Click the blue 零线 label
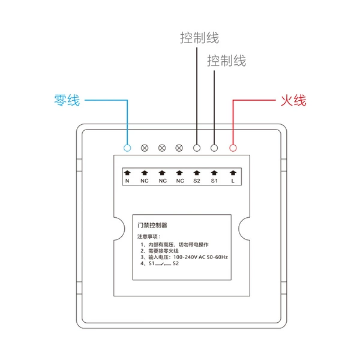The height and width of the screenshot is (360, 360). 67,100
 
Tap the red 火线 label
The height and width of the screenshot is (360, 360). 293,101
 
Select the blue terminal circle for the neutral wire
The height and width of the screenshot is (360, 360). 127,148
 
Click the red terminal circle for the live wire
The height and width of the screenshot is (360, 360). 233,148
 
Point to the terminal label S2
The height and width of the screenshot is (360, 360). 197,181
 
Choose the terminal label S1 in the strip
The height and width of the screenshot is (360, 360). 214,181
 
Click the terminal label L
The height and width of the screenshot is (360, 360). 233,181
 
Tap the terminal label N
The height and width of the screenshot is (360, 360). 127,181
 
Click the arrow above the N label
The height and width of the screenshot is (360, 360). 127,173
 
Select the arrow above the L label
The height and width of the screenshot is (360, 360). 233,173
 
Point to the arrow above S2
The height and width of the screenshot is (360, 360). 197,173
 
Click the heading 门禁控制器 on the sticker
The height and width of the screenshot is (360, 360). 152,225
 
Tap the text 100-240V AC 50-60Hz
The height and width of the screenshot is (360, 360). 200,257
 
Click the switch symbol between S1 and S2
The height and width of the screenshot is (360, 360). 163,264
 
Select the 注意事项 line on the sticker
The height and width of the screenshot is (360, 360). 149,236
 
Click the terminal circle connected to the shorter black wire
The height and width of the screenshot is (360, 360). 214,148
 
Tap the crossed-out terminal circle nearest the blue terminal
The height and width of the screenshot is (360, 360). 145,148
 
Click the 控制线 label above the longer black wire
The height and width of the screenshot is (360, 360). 200,38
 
